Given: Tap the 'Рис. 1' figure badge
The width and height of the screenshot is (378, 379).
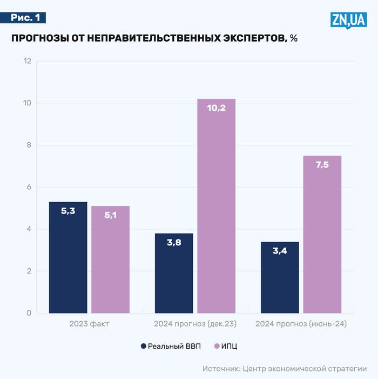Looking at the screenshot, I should tap(25, 18).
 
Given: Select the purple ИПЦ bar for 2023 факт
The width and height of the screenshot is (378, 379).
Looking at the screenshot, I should tap(110, 260).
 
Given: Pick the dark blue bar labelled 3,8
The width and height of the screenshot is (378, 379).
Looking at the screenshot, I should tap(174, 273).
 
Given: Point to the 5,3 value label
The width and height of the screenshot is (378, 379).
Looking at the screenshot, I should tap(68, 211).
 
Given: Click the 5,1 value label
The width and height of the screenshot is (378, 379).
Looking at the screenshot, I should tap(110, 215).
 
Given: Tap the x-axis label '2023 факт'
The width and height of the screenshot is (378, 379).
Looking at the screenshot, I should tap(89, 324).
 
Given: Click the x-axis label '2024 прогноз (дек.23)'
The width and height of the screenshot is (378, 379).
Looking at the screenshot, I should tap(195, 324).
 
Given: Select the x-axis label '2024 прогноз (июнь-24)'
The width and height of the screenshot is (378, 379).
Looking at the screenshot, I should tap(301, 324).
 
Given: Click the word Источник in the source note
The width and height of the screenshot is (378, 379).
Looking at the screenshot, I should tap(221, 369).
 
